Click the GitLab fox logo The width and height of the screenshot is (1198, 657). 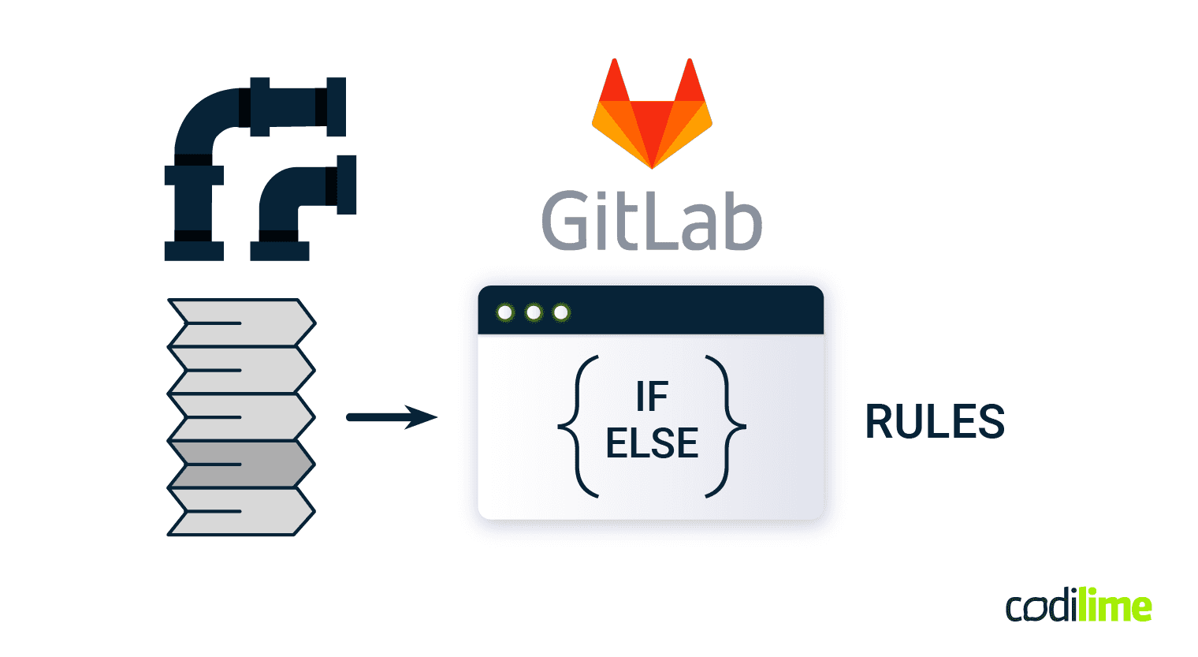point(652,118)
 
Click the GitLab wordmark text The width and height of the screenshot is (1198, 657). point(652,221)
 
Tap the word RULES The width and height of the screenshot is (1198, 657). point(935,422)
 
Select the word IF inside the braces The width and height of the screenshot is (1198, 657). point(652,397)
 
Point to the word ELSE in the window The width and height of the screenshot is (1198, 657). point(652,443)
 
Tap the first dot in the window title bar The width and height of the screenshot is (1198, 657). point(505,313)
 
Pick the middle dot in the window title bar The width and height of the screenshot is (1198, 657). point(534,313)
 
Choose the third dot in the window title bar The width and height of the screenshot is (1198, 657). point(561,313)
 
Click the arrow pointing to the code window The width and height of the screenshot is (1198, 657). point(392,417)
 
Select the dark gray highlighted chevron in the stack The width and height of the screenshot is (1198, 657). point(240,464)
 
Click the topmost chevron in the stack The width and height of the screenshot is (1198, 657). point(240,323)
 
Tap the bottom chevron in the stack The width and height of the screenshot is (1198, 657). point(240,512)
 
